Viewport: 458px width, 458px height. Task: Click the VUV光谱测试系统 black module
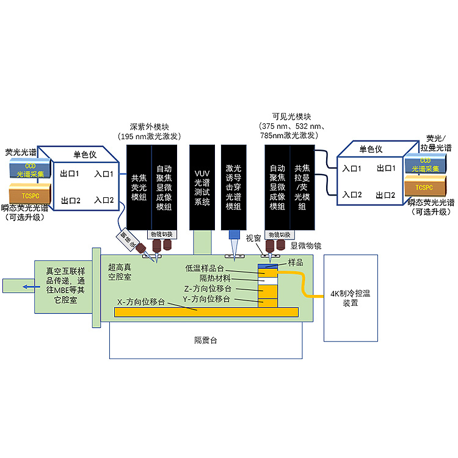coord(201,186)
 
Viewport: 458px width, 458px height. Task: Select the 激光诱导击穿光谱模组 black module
coord(233,186)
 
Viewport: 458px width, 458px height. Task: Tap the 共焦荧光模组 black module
coord(137,187)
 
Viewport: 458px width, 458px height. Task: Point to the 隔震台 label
coord(205,340)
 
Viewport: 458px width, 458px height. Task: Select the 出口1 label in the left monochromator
coord(70,173)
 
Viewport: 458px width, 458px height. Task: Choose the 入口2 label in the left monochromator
coord(104,200)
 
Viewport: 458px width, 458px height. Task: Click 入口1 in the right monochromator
coord(352,168)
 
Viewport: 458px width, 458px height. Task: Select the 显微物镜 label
coord(305,245)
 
